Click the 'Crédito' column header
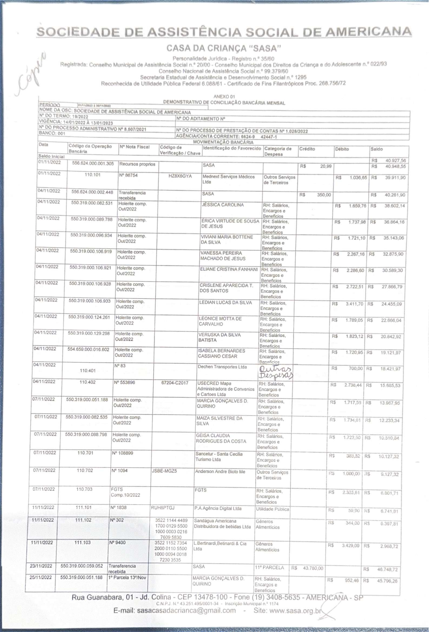(307, 149)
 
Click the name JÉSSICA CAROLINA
(223, 205)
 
